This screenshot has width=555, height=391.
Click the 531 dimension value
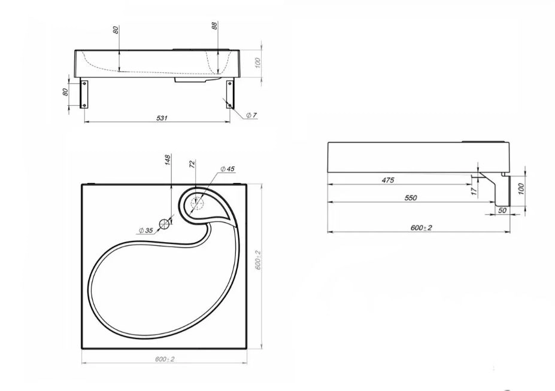162,118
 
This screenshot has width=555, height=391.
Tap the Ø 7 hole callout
251,115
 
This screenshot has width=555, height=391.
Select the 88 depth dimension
215,26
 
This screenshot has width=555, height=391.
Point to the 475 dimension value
388,180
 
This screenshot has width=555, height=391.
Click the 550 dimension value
411,198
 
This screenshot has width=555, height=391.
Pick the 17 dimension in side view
475,191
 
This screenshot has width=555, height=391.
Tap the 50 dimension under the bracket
502,210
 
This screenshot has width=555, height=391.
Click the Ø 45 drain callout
227,169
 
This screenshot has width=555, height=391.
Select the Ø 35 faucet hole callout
145,231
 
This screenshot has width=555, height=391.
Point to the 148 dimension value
168,160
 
